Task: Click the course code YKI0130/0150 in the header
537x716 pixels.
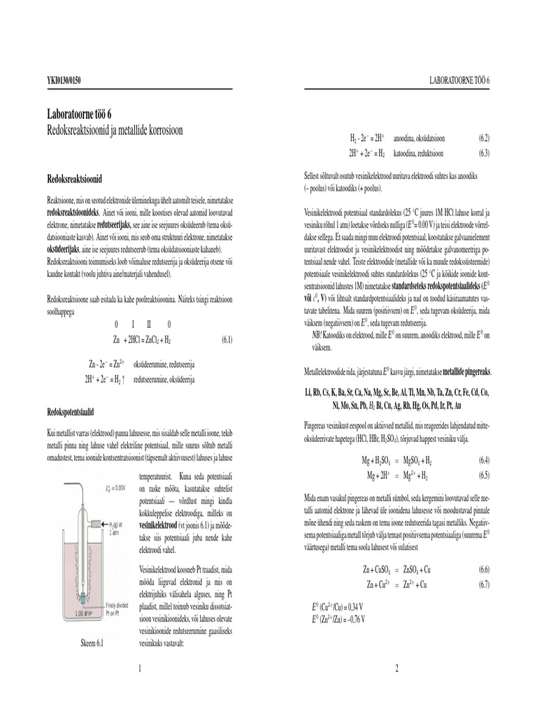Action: point(63,81)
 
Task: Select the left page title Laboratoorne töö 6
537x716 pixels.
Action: point(83,115)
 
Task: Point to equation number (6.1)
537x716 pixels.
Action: point(227,340)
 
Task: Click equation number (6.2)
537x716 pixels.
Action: point(484,140)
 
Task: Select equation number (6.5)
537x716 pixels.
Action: point(484,475)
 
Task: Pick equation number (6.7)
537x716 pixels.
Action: point(484,584)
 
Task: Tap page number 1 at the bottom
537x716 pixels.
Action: point(140,669)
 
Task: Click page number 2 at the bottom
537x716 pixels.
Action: point(396,669)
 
